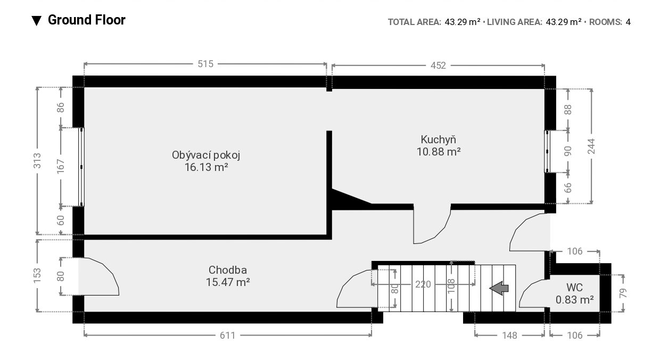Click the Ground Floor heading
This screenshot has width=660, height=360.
tap(86, 20)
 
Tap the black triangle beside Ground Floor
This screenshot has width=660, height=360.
tap(37, 21)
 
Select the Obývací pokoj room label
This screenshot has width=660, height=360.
tap(206, 155)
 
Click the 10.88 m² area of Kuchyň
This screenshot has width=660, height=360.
tap(439, 152)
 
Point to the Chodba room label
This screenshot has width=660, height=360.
tap(228, 270)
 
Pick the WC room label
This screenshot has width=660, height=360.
tap(574, 288)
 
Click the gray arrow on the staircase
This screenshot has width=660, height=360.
tap(499, 288)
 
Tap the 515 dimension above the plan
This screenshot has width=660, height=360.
tap(205, 64)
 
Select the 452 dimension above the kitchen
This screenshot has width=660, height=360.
tap(438, 66)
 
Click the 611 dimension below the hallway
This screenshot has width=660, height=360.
tap(228, 336)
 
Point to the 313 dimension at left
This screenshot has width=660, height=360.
tap(37, 161)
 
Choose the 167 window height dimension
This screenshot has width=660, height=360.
tap(60, 166)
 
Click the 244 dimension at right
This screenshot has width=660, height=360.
tap(591, 146)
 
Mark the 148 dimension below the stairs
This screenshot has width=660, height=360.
tap(509, 336)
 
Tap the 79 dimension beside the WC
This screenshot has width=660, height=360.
tap(623, 293)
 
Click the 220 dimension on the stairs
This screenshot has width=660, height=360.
tap(423, 284)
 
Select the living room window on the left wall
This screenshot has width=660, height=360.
tap(81, 167)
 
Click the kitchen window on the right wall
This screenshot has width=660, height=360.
tap(547, 152)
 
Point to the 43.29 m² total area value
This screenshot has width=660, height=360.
tap(463, 22)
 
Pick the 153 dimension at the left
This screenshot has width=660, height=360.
tap(37, 276)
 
